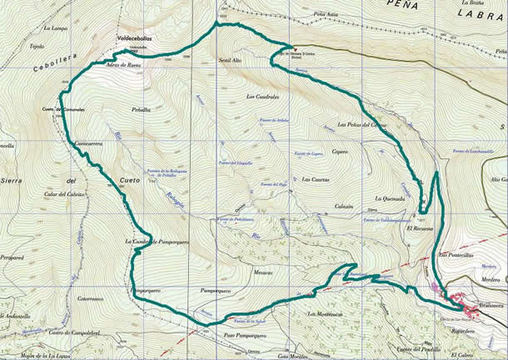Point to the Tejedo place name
tap(36, 47)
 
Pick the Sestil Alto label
tap(229, 62)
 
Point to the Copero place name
tap(339, 152)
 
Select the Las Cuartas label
tap(316, 180)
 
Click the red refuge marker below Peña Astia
tap(291, 47)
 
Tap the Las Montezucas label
tap(326, 313)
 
